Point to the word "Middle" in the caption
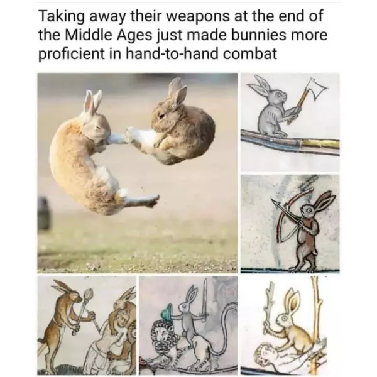click(x=87, y=35)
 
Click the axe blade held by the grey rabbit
click(x=316, y=88)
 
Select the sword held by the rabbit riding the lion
click(x=204, y=300)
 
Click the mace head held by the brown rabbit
click(x=88, y=293)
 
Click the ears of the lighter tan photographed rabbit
click(x=92, y=103)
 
